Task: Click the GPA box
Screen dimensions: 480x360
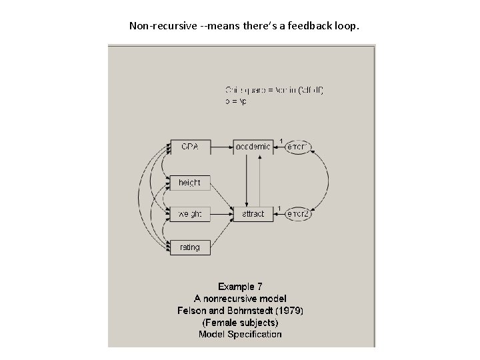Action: point(190,147)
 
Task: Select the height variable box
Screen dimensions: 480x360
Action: point(190,182)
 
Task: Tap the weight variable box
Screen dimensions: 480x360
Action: point(190,214)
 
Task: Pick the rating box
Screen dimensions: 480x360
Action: point(190,247)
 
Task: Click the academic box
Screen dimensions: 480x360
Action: point(253,147)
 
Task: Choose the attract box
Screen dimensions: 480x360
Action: point(253,214)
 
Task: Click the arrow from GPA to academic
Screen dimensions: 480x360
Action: point(222,147)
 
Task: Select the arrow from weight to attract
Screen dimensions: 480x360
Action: point(222,214)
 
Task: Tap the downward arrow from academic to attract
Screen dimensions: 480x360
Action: point(247,180)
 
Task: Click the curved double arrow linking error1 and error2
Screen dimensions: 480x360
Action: point(327,180)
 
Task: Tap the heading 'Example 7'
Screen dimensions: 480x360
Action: point(240,287)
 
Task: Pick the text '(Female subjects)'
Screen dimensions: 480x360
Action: point(240,323)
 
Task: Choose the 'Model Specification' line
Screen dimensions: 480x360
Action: point(240,335)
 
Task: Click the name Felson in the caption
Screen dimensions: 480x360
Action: point(192,311)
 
